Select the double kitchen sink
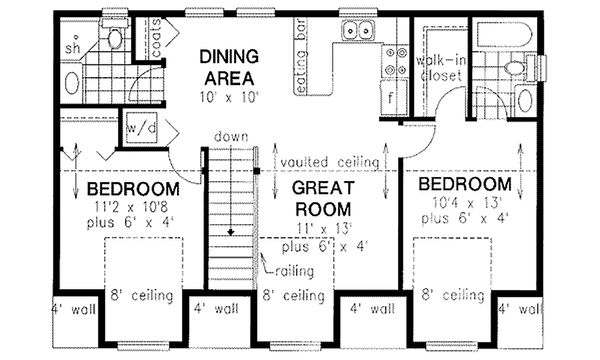pyautogui.click(x=355, y=31)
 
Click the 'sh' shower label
pyautogui.click(x=71, y=47)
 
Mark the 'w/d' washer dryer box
pyautogui.click(x=134, y=129)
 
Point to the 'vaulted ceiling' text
pyautogui.click(x=329, y=161)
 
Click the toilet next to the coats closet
pyautogui.click(x=114, y=38)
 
